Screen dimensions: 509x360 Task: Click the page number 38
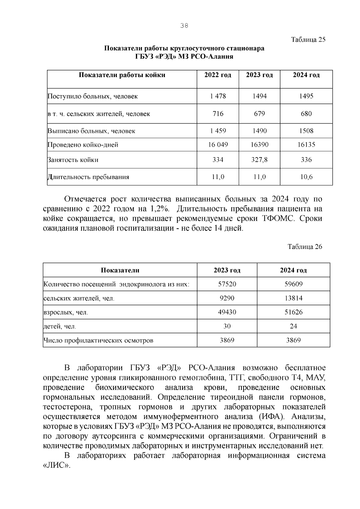click(184, 26)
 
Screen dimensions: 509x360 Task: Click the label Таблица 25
click(308, 40)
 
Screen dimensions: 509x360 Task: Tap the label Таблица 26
click(305, 247)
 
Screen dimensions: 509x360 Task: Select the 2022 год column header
click(218, 75)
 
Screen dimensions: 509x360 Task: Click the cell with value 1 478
click(218, 96)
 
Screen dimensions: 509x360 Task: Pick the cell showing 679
click(259, 114)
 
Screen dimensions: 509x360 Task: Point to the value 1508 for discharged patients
click(306, 131)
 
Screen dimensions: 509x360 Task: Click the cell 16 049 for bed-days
click(218, 145)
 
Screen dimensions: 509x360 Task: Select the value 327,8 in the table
click(259, 160)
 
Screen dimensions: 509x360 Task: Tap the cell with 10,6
click(306, 177)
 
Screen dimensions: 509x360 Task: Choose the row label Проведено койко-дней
click(83, 145)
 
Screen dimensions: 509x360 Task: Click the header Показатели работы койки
click(122, 75)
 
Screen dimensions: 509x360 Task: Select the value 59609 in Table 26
click(293, 284)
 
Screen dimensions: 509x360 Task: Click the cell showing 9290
click(227, 298)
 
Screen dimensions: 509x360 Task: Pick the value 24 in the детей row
click(293, 326)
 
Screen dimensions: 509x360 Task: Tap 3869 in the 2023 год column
click(227, 340)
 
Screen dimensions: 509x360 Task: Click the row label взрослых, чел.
click(66, 312)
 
